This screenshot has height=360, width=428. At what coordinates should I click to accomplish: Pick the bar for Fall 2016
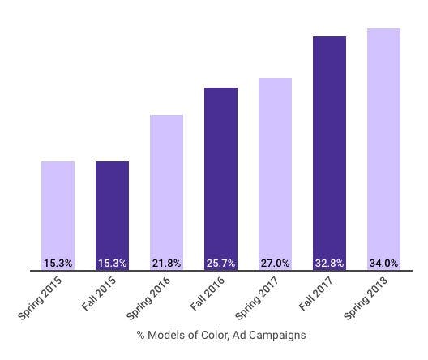pos(220,172)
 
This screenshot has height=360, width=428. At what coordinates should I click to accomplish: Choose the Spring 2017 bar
pos(275,167)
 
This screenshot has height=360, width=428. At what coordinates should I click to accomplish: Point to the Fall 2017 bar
pos(329,146)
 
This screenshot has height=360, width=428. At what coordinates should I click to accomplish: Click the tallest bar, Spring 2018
pos(383,142)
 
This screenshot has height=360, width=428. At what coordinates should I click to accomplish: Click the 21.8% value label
pos(166,264)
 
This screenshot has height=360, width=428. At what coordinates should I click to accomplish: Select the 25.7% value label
pos(220,264)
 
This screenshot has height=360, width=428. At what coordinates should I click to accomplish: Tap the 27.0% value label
pos(275,264)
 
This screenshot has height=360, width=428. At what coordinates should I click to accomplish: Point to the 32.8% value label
pos(329,264)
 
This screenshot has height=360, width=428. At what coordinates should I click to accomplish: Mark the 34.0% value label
pos(383,264)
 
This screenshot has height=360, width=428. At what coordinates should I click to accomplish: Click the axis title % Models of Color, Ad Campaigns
pos(220,334)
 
